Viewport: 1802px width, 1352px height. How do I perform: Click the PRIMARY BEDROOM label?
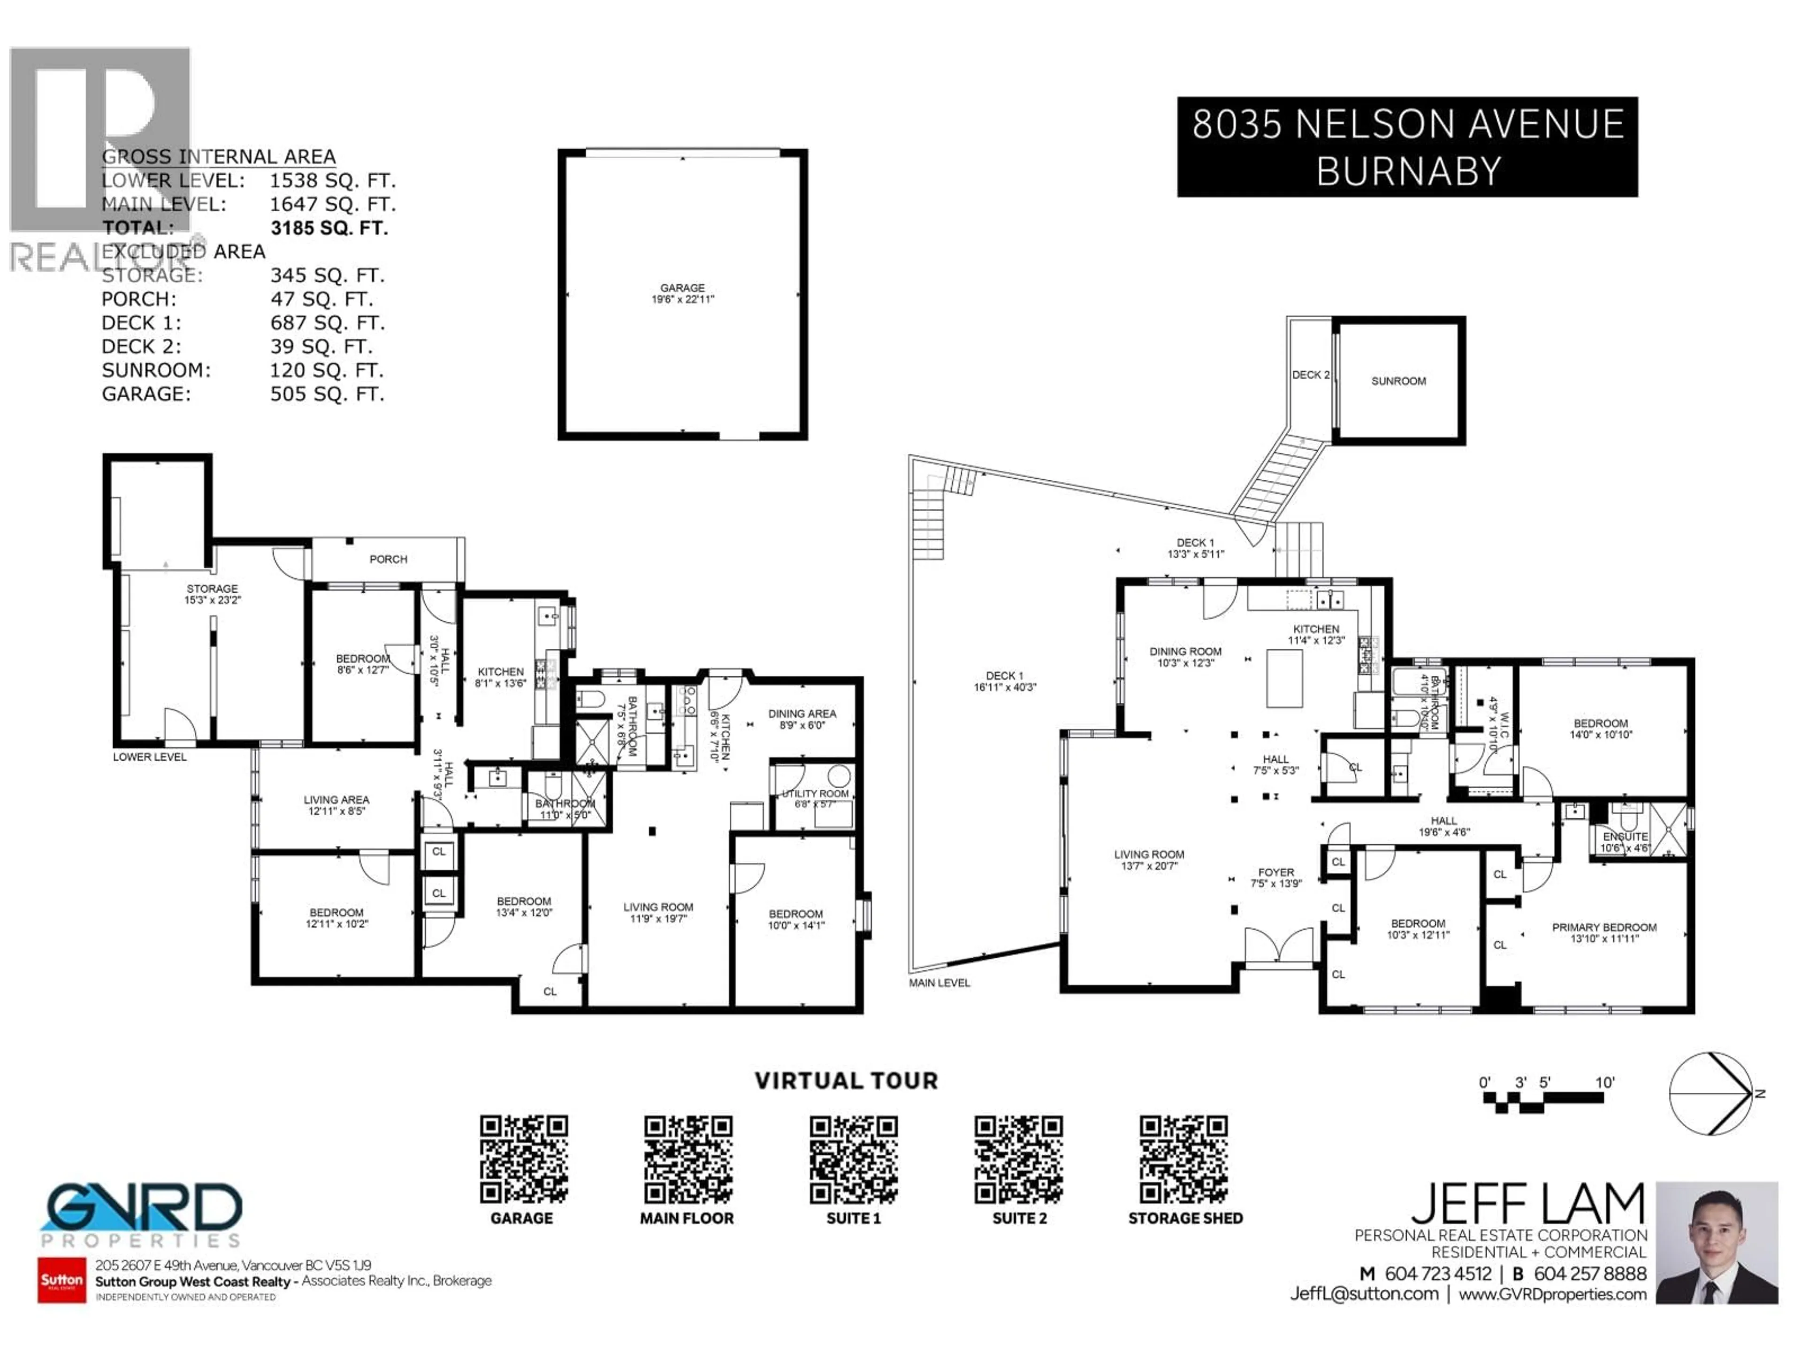(1603, 928)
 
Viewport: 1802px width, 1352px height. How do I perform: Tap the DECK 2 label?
(1310, 375)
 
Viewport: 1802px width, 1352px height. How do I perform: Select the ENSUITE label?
(1625, 837)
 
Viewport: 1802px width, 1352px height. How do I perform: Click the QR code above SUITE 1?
(853, 1160)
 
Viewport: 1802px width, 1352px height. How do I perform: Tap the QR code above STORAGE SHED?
(1183, 1160)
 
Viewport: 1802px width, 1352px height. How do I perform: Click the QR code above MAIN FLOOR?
(687, 1160)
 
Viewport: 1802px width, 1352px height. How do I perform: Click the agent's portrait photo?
(1717, 1242)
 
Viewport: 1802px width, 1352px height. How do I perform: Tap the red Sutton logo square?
(62, 1279)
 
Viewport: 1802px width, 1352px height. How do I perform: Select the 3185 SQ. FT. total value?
(328, 228)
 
